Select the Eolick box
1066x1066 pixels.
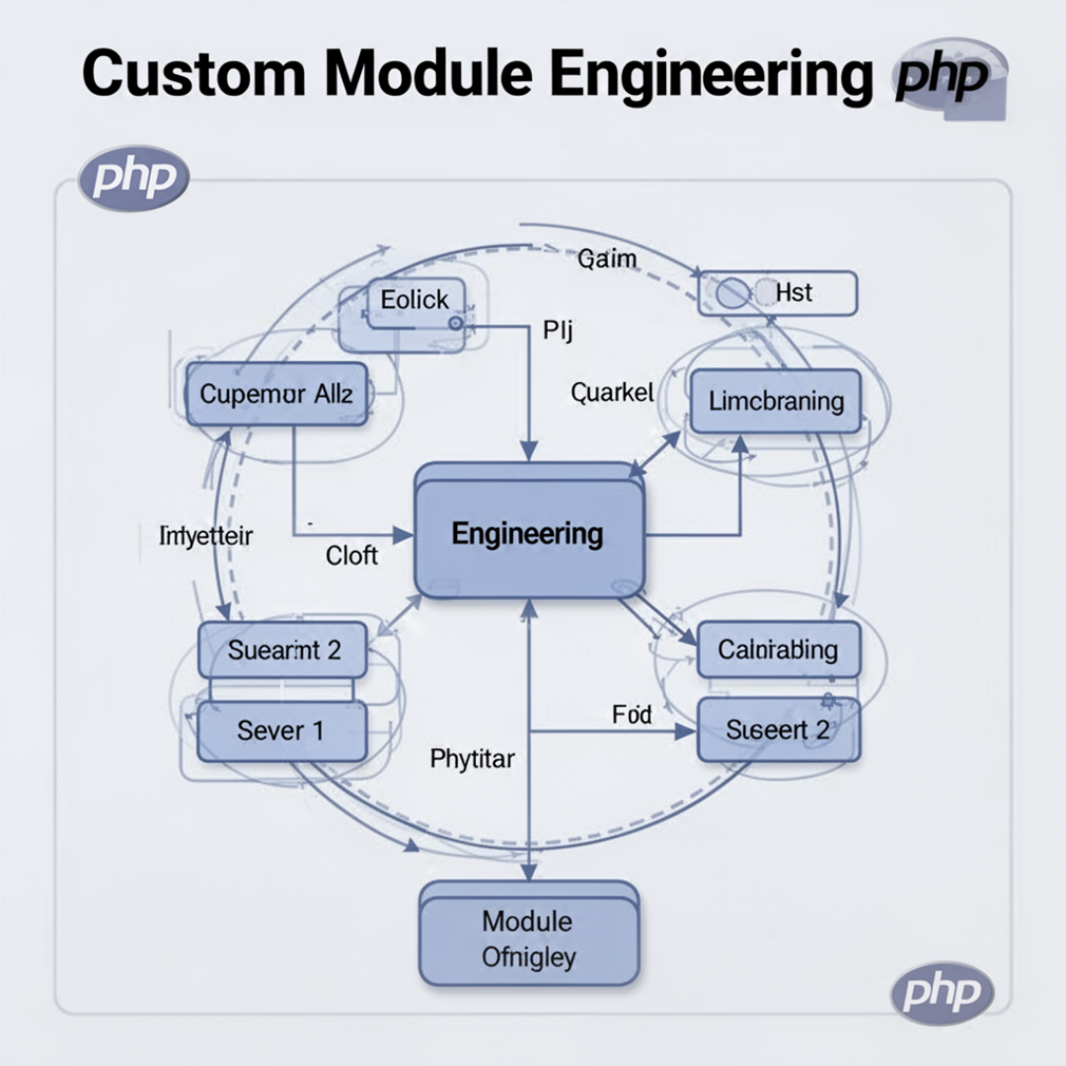point(415,300)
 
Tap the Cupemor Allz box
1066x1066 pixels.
point(276,394)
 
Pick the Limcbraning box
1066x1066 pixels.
point(775,401)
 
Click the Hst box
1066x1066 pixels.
point(779,293)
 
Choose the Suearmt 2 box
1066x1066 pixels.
point(283,650)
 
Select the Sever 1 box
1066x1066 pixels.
point(281,731)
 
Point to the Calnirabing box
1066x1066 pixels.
point(778,649)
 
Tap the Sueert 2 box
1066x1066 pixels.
point(778,730)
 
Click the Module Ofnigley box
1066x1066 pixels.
point(528,938)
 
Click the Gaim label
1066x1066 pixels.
point(607,260)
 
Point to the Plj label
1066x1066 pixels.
point(558,330)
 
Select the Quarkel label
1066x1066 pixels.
point(612,393)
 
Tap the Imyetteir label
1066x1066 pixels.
point(205,536)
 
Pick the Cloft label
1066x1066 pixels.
point(351,556)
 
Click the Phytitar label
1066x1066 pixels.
point(473,759)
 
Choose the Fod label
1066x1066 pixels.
point(632,715)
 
